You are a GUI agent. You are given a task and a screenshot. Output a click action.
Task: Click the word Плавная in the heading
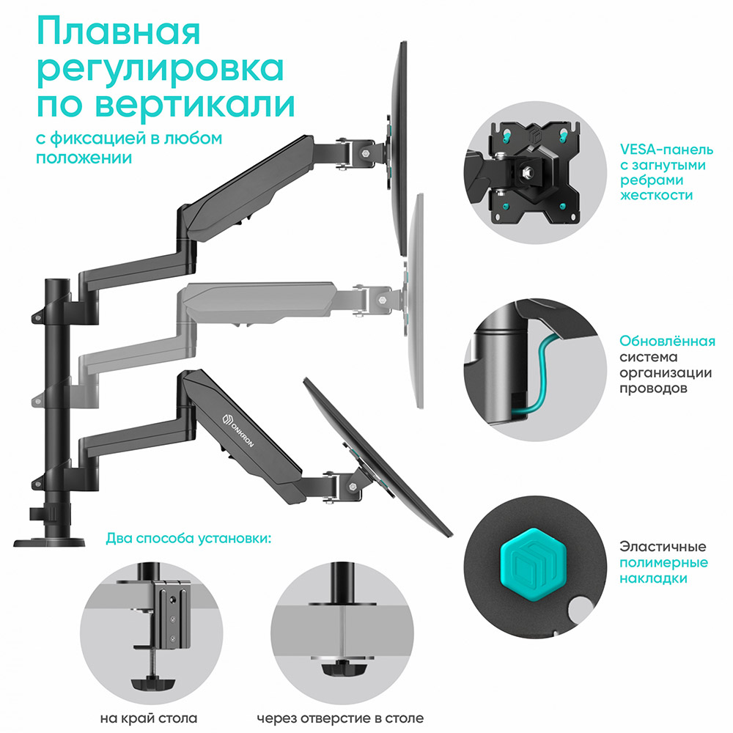pos(117,33)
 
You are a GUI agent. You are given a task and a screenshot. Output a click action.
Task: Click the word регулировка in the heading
pos(160,70)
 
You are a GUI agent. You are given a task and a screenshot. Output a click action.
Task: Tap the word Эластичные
pos(663,547)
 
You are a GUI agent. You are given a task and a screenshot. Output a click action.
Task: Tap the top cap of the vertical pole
pos(56,282)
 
